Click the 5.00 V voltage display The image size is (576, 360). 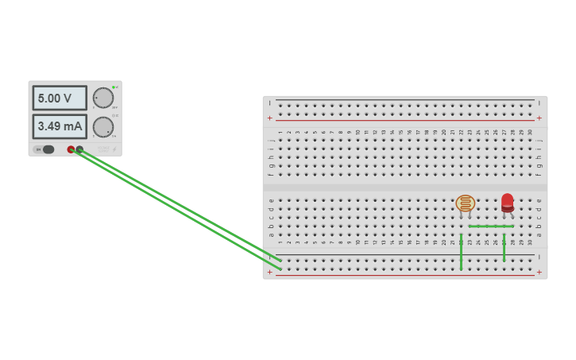click(x=60, y=98)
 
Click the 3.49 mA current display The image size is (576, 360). click(x=60, y=126)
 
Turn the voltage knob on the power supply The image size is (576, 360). click(x=103, y=98)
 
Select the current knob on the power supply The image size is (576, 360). click(x=103, y=127)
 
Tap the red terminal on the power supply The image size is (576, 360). click(x=71, y=149)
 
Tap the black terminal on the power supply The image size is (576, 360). click(x=79, y=149)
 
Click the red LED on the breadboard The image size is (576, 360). click(x=507, y=202)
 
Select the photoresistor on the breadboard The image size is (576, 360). click(x=466, y=203)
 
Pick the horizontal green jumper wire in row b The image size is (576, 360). click(x=491, y=226)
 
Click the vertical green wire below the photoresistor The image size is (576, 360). click(x=461, y=252)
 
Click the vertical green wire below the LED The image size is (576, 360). click(x=504, y=247)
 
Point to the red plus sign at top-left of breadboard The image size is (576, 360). click(x=270, y=118)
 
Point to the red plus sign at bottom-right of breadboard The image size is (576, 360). click(x=539, y=273)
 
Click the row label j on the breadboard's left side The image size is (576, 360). click(x=271, y=140)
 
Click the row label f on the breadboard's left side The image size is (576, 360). click(x=271, y=174)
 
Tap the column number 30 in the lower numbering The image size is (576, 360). click(x=530, y=242)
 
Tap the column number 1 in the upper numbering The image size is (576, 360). click(x=280, y=132)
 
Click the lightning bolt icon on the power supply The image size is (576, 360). click(x=114, y=149)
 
